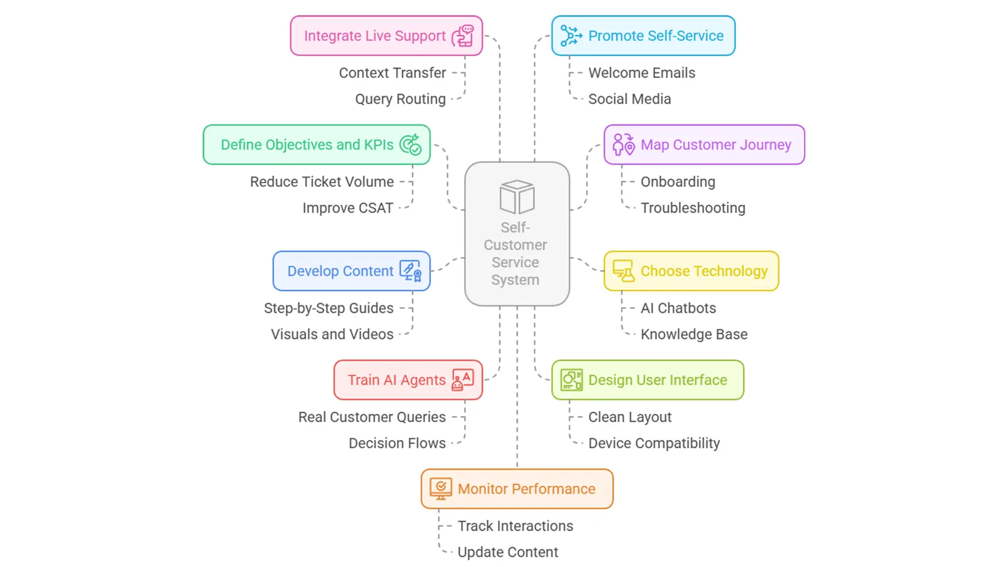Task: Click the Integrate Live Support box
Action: click(x=386, y=36)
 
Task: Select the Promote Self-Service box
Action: click(x=643, y=36)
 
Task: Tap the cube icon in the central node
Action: click(x=517, y=197)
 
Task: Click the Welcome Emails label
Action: click(x=642, y=73)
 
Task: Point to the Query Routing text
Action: click(x=400, y=99)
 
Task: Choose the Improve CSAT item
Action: click(x=348, y=208)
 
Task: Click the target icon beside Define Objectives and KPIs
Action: click(x=411, y=145)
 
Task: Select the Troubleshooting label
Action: click(x=692, y=208)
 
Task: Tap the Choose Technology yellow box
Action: click(x=691, y=271)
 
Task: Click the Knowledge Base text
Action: click(x=694, y=334)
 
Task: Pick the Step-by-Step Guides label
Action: click(x=329, y=308)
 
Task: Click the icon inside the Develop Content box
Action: click(x=411, y=271)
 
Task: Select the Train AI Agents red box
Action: click(x=408, y=380)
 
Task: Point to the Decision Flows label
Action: click(x=397, y=443)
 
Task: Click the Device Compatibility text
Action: click(x=654, y=443)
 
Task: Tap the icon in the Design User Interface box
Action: click(x=571, y=380)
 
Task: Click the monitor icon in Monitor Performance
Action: click(x=440, y=489)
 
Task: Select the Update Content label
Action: click(x=508, y=552)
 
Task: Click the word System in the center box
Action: click(x=515, y=280)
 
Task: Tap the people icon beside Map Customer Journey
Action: click(x=624, y=145)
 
